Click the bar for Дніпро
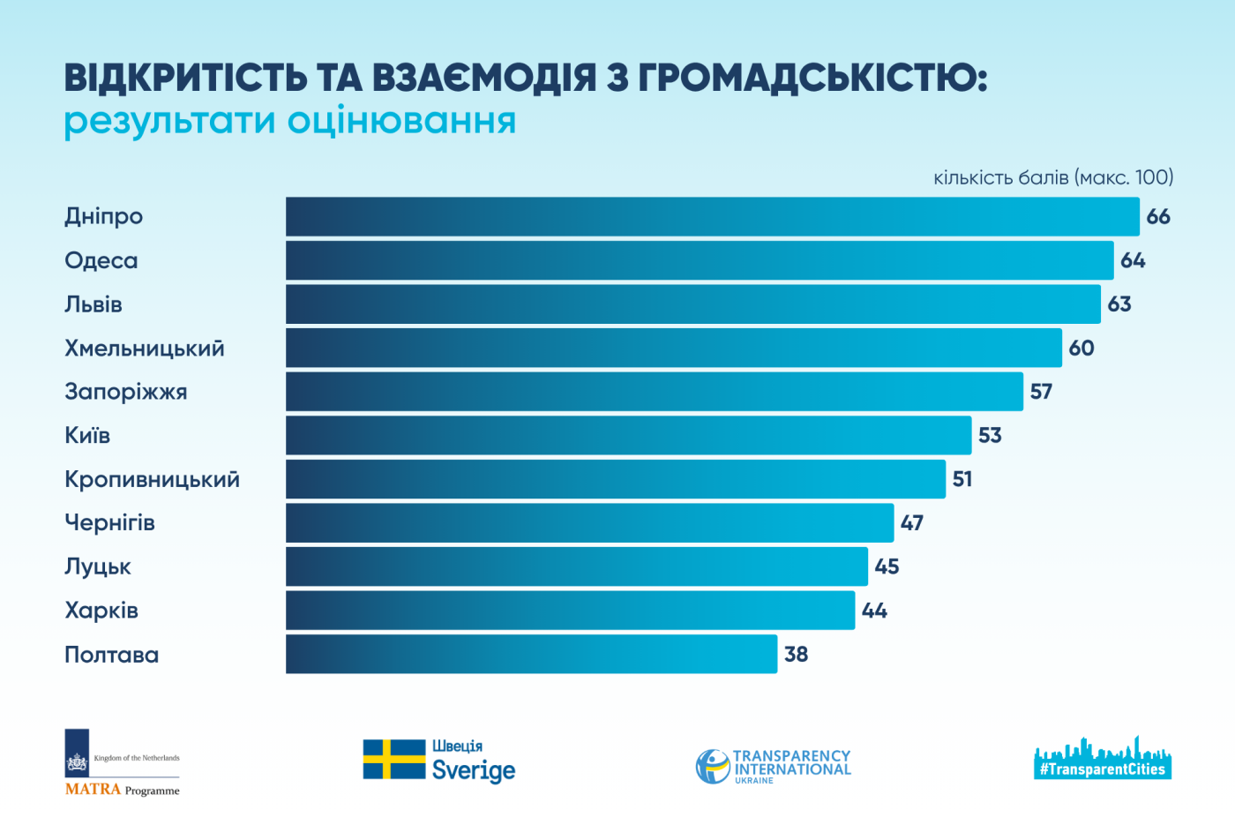click(x=712, y=216)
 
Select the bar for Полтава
click(x=531, y=654)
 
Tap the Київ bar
click(x=628, y=435)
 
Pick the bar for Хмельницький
click(x=673, y=348)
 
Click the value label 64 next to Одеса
click(x=1133, y=260)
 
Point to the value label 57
click(x=1041, y=392)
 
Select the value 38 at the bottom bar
click(x=796, y=654)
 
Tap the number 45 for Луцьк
click(x=887, y=566)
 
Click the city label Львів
click(x=94, y=304)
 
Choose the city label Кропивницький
click(x=152, y=479)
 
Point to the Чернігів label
click(x=109, y=523)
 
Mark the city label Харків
click(x=101, y=611)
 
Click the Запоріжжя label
click(x=126, y=392)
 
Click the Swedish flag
click(x=393, y=759)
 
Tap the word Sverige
click(x=473, y=770)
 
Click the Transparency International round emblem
click(x=712, y=766)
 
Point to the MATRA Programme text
click(x=122, y=790)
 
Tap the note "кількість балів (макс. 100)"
click(x=1053, y=177)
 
